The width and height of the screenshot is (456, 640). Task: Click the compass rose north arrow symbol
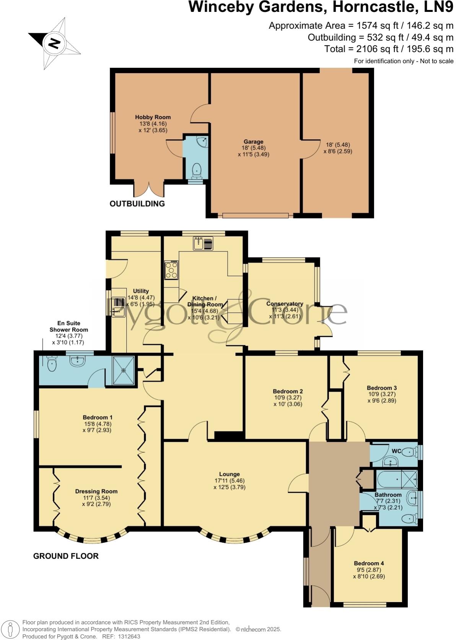pos(54,43)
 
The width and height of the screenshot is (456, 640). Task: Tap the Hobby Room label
pos(153,117)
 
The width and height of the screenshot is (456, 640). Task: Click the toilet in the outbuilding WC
pos(197,170)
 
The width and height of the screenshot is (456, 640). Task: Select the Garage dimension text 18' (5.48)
pos(253,148)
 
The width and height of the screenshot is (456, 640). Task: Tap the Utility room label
pos(141,291)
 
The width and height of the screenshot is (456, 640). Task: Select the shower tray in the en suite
pos(124,371)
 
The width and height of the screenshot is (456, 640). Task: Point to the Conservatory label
pos(285,304)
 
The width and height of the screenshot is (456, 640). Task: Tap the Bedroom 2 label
pos(288,391)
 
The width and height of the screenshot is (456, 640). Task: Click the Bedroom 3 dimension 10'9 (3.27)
pos(381,394)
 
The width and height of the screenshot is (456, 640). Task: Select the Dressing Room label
pos(96,491)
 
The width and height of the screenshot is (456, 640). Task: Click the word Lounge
pos(230,474)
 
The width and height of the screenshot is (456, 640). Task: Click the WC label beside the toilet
pos(396,451)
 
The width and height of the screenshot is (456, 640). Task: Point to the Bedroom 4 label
pos(369,563)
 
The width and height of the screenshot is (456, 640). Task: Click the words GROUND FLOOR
pos(66,556)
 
